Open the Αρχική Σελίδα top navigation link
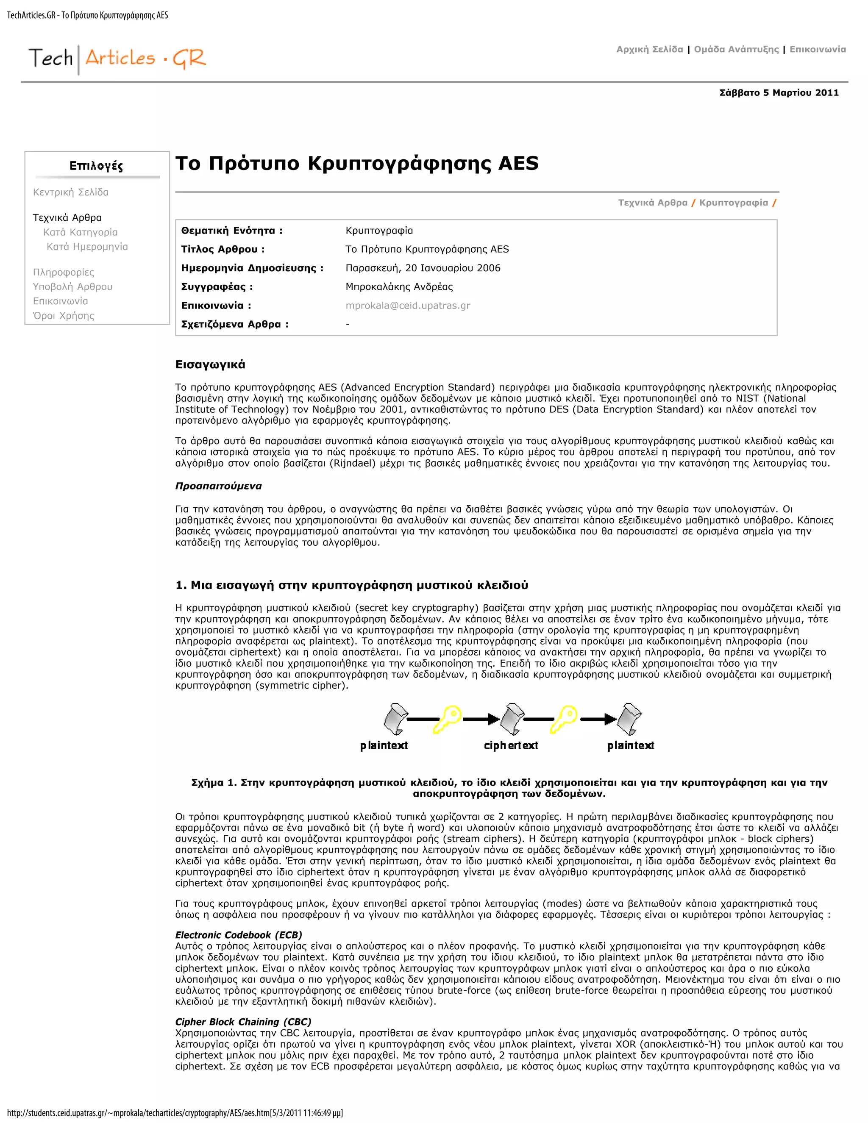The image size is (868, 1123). coord(649,49)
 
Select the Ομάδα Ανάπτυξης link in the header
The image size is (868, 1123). coord(736,49)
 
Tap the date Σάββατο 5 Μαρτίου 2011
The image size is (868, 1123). coord(779,93)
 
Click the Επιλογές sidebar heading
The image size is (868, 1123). coord(96,166)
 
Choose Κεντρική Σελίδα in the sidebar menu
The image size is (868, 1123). coord(70,192)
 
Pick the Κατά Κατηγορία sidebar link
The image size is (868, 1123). coord(80,232)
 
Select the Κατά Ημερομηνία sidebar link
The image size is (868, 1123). coord(87,247)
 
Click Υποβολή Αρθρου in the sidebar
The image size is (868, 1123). coord(72,287)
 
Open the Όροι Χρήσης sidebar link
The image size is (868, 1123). coord(64,316)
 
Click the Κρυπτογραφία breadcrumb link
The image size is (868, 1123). coord(733,203)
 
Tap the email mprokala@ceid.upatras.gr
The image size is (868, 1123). coord(408,306)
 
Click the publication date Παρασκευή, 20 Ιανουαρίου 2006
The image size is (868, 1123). coord(423,268)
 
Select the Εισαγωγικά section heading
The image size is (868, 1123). coord(210,364)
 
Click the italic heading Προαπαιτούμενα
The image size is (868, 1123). coord(219,486)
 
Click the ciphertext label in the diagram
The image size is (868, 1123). coord(511,745)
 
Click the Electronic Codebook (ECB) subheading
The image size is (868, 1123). coord(239,935)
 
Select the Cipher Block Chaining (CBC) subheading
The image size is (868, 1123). coord(243,1022)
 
